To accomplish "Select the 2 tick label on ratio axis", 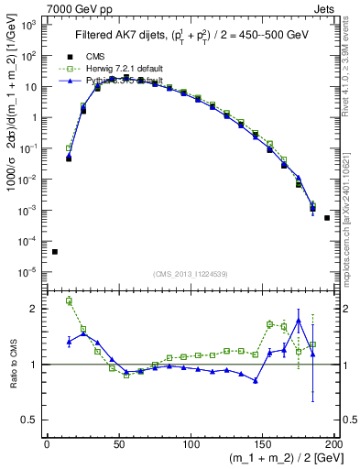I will pyautogui.click(x=37, y=309).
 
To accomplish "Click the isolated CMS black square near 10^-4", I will pyautogui.click(x=55, y=252).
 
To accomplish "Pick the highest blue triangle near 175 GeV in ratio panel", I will pyautogui.click(x=298, y=321).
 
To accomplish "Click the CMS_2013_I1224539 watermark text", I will pyautogui.click(x=190, y=274).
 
